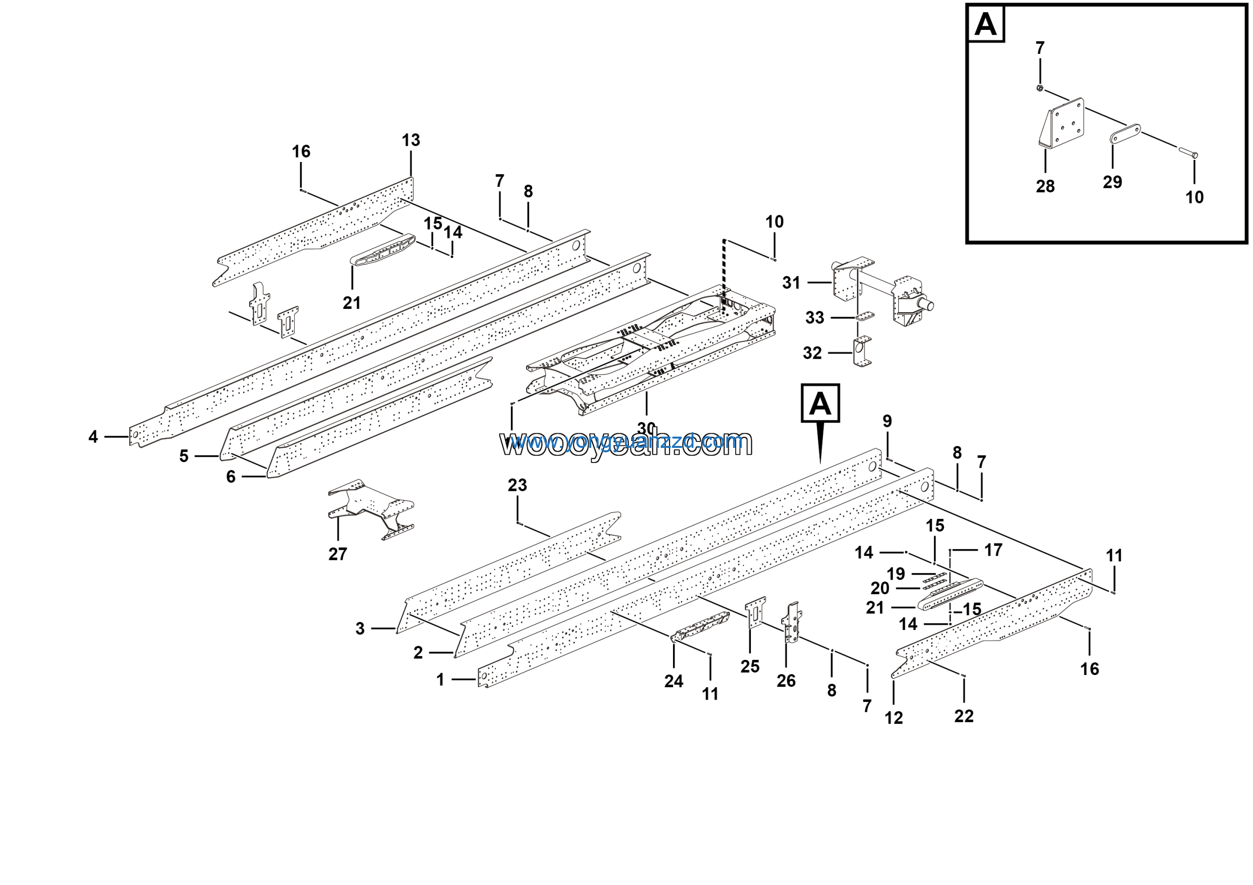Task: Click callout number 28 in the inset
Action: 1045,186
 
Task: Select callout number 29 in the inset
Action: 1112,182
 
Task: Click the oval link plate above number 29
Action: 1125,133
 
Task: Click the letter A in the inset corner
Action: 986,24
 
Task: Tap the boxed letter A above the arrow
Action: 820,404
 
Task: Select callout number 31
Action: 791,282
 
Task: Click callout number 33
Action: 814,318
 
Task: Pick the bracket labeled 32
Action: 862,352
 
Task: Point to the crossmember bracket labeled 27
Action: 371,508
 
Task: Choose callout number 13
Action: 411,140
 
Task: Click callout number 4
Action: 93,437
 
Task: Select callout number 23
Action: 517,485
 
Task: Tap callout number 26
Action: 786,681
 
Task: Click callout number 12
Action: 894,718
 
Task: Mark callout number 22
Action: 964,716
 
